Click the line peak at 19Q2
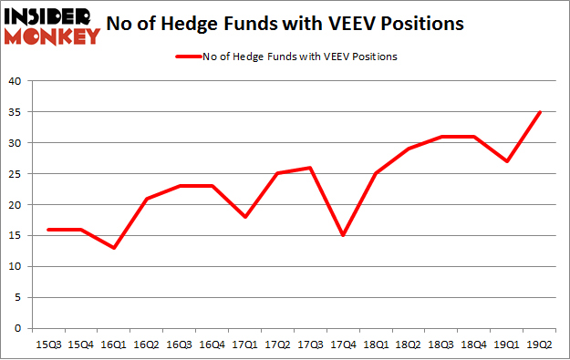pos(541,112)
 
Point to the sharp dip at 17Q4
pos(342,235)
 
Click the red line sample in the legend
pos(189,57)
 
